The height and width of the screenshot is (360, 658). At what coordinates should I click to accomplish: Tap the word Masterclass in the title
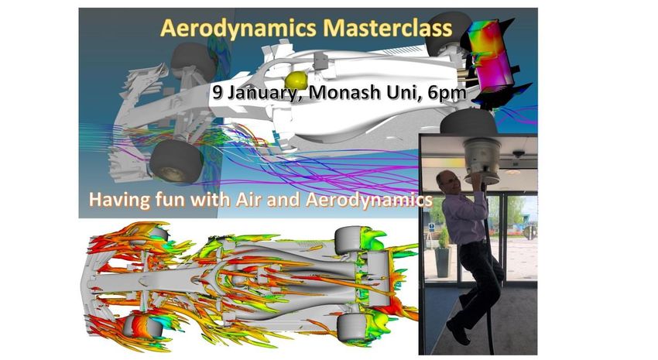pos(388,28)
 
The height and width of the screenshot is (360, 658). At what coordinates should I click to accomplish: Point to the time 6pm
pos(447,93)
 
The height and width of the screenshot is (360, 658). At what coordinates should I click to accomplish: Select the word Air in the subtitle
pos(249,199)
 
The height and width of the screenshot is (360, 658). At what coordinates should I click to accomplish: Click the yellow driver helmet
pos(296,79)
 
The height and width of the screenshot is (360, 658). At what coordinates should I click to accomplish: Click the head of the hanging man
pos(446,181)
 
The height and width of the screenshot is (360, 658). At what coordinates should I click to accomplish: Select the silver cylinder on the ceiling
pos(482,156)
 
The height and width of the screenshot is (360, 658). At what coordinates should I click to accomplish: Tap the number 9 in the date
pos(218,92)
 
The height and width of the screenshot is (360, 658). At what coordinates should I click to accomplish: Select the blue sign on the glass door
pos(431,227)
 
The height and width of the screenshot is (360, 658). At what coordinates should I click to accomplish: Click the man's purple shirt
pos(464,216)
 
